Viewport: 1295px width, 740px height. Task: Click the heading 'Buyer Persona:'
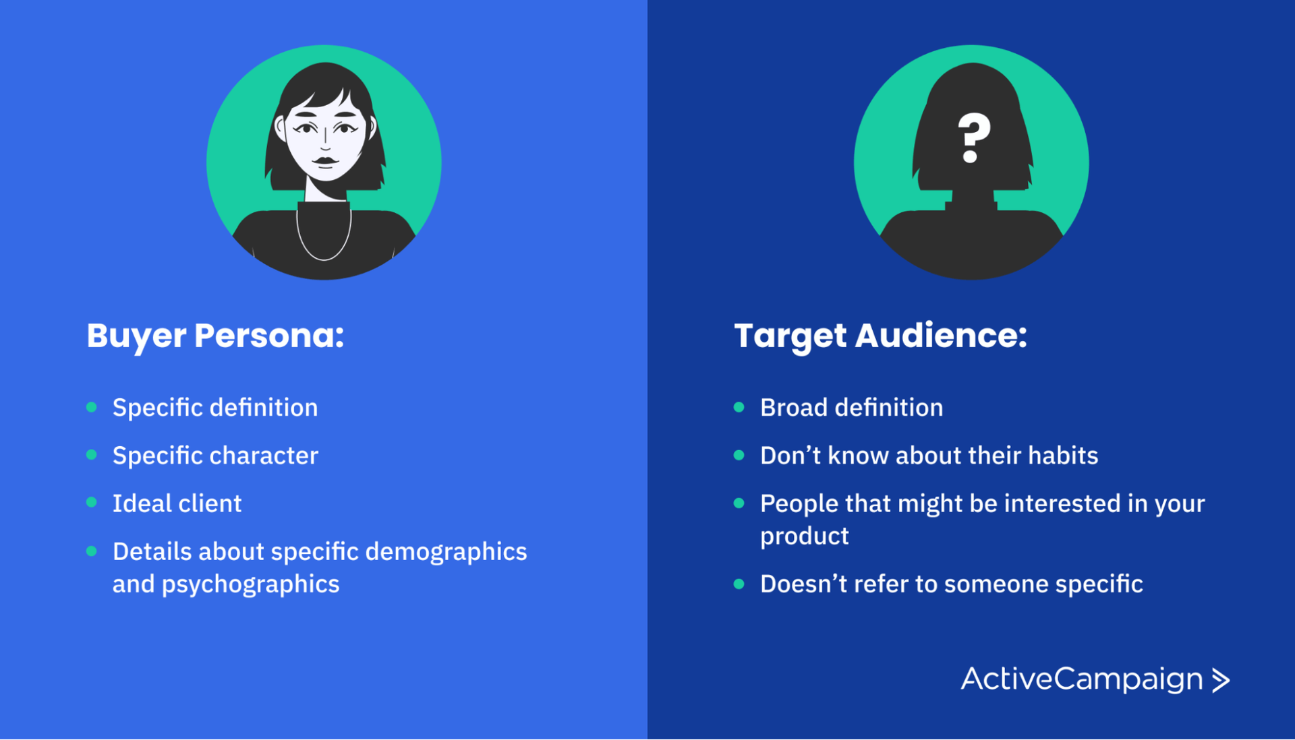coord(215,336)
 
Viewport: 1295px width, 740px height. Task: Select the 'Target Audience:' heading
coord(880,336)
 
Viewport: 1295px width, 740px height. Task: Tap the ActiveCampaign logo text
coord(1082,679)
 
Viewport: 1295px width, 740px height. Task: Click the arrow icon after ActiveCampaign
coord(1221,680)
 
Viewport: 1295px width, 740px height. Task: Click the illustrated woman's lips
coord(326,162)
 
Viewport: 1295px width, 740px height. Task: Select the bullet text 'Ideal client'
coord(177,503)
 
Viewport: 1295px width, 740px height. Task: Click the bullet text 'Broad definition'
coord(851,408)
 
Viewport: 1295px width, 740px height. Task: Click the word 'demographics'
coord(446,552)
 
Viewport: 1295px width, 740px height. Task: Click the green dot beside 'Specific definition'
coord(92,407)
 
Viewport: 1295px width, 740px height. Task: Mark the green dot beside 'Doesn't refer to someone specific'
coord(739,584)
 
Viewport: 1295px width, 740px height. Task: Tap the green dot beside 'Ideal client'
coord(92,503)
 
